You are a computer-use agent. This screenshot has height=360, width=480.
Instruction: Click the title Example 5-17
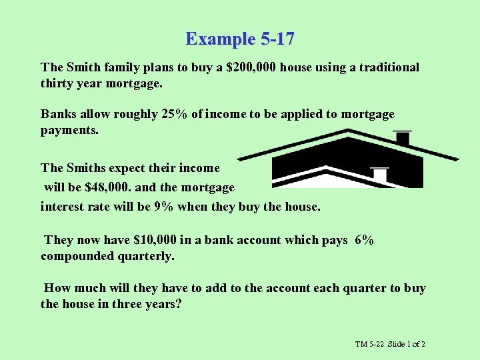coord(240,39)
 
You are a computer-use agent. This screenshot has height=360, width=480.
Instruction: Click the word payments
coord(69,131)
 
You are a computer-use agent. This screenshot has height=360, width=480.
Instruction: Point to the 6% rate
coord(365,240)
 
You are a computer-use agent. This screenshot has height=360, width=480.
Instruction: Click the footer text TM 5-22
coord(370,344)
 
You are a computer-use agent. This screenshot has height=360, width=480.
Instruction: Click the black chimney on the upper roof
coord(402,138)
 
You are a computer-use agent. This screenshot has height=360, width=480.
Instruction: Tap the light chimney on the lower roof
coord(379,175)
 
